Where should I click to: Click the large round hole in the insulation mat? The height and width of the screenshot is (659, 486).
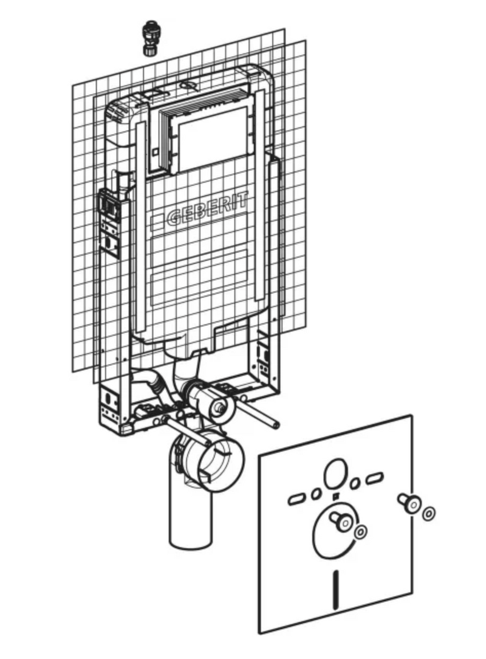coord(336,474)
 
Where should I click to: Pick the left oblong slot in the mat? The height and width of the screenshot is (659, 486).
coord(298,499)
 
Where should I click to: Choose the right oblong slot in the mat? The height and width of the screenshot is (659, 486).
coord(374,478)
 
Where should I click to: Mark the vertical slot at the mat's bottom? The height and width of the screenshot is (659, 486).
coord(335,590)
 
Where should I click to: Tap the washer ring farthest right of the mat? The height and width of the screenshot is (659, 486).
coord(429,514)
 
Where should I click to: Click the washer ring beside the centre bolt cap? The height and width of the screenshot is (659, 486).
coord(360,532)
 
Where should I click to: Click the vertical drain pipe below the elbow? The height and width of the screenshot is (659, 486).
coord(190,516)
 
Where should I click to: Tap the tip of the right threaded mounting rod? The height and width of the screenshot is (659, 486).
coord(276,426)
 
